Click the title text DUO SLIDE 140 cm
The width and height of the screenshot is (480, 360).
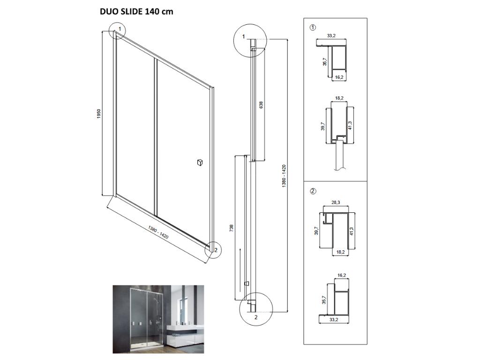[136, 12]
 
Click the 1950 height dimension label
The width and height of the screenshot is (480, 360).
[98, 114]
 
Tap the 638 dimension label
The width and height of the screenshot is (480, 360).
[261, 105]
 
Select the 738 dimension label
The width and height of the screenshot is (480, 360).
[232, 228]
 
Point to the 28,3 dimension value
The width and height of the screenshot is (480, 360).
[336, 202]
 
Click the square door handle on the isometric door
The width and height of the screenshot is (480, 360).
[200, 162]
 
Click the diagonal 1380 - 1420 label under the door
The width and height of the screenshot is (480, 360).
[158, 232]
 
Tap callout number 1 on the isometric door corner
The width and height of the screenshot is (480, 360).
[120, 29]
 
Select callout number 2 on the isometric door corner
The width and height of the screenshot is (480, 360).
[216, 250]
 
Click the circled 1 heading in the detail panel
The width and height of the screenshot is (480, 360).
[313, 28]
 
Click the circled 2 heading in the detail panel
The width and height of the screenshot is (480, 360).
[313, 191]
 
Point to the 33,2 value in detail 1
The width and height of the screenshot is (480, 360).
[331, 36]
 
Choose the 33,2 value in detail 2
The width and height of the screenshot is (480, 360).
[334, 320]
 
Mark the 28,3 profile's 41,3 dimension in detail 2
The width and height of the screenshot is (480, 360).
[352, 231]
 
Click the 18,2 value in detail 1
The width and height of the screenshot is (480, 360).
[339, 98]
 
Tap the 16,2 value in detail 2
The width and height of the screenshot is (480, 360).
[342, 276]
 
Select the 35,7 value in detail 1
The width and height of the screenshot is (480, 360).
[325, 61]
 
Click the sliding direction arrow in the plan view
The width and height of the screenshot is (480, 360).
[240, 270]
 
